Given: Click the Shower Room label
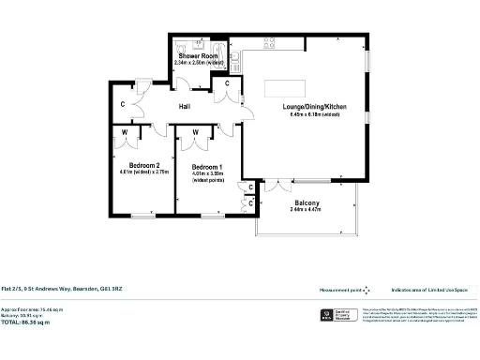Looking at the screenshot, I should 198,56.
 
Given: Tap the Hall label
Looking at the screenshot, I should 186,107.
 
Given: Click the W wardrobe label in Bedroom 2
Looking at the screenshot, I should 125,132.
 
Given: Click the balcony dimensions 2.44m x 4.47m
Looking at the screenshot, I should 307,211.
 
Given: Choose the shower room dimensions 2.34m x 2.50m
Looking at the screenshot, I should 198,63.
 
